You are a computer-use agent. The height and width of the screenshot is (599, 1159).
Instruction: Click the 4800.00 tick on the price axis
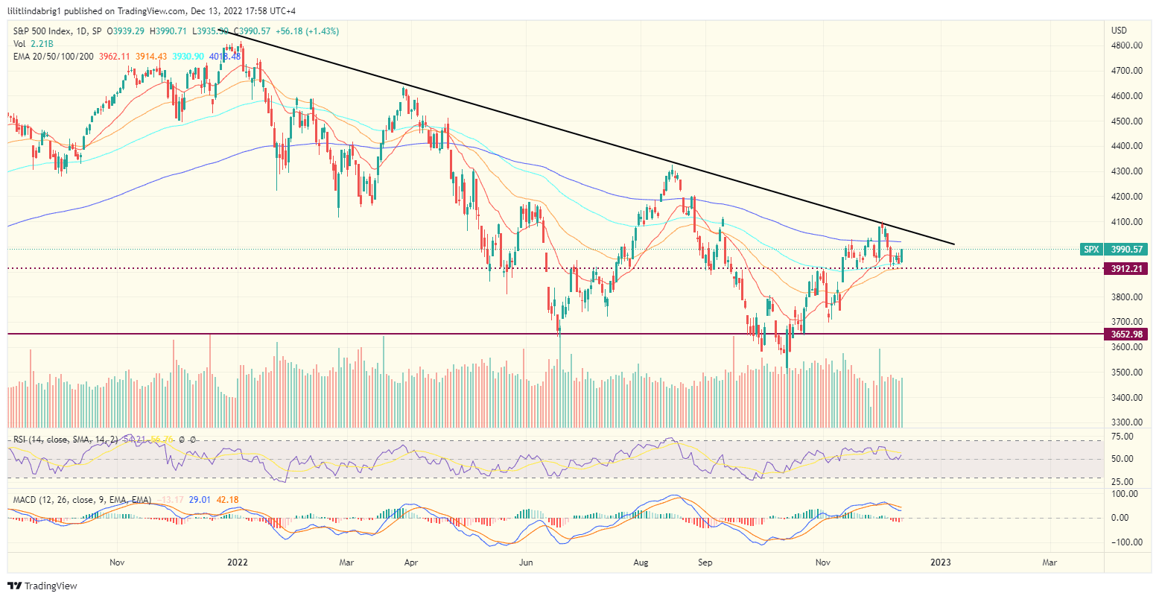click(1126, 45)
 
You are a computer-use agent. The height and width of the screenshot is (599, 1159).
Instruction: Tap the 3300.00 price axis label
click(1126, 422)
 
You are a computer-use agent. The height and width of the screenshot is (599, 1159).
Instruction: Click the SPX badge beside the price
click(1090, 250)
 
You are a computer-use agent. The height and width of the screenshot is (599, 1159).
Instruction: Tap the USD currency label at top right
click(1119, 31)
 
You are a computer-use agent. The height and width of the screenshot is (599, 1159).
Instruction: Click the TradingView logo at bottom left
click(43, 586)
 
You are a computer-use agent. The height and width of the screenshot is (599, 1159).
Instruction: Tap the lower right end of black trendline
click(953, 244)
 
